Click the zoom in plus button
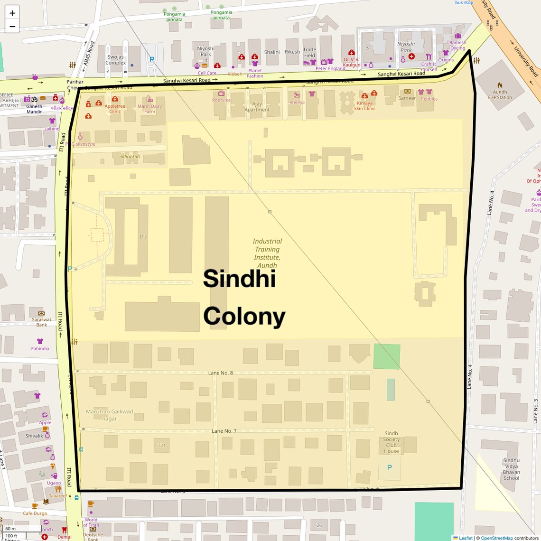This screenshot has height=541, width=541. pos(12,13)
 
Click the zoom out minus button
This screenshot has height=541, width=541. pos(12,27)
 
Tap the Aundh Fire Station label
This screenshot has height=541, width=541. pos(500,95)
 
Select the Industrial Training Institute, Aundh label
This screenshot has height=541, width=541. pos(267,253)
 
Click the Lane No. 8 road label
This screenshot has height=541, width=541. pos(221,373)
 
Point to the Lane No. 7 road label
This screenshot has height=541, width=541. pos(224,431)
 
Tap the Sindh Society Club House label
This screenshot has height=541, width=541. pos(392,442)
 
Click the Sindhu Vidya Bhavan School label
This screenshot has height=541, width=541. pos(511,469)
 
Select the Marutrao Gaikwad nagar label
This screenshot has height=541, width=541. pos(110,415)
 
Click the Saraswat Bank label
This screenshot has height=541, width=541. pos(42,322)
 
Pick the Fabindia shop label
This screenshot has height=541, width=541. pos(40,348)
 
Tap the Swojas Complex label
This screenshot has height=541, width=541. pos(116,60)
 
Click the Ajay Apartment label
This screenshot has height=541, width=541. pos(257,107)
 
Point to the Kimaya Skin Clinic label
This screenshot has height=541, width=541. pos(364,106)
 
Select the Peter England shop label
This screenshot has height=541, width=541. pos(330,68)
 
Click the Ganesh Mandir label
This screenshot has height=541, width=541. pos(34,109)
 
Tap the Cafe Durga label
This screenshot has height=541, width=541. pos(35,513)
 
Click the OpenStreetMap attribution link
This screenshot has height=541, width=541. pos(496,538)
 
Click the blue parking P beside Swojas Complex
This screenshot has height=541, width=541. pos(152,60)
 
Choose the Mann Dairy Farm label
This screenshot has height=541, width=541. pos(149,109)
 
